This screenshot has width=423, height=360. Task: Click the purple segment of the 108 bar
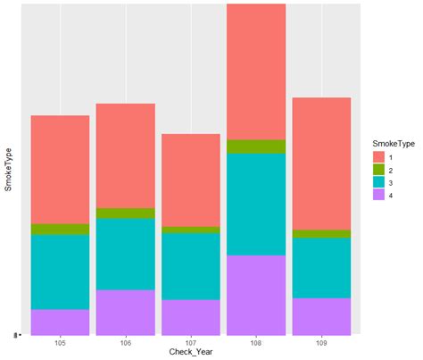(256, 295)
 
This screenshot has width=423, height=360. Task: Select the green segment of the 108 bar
(256, 147)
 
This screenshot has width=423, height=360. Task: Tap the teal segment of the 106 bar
(125, 254)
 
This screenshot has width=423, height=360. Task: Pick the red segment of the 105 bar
(60, 169)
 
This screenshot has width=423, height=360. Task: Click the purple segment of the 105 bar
(60, 322)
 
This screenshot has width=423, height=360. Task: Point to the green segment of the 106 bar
(125, 213)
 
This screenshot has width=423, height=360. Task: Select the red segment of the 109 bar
(321, 163)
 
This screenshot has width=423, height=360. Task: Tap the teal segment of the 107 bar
(190, 265)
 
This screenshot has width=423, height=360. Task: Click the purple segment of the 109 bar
(321, 316)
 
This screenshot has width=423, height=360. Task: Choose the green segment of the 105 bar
(60, 229)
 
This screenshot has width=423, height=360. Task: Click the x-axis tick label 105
(60, 342)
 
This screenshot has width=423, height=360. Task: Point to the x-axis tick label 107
(190, 342)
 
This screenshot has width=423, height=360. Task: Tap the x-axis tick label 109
(321, 342)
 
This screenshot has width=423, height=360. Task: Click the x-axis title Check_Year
(190, 353)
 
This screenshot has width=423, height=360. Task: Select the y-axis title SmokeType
(7, 170)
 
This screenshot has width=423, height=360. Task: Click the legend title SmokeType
(392, 142)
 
